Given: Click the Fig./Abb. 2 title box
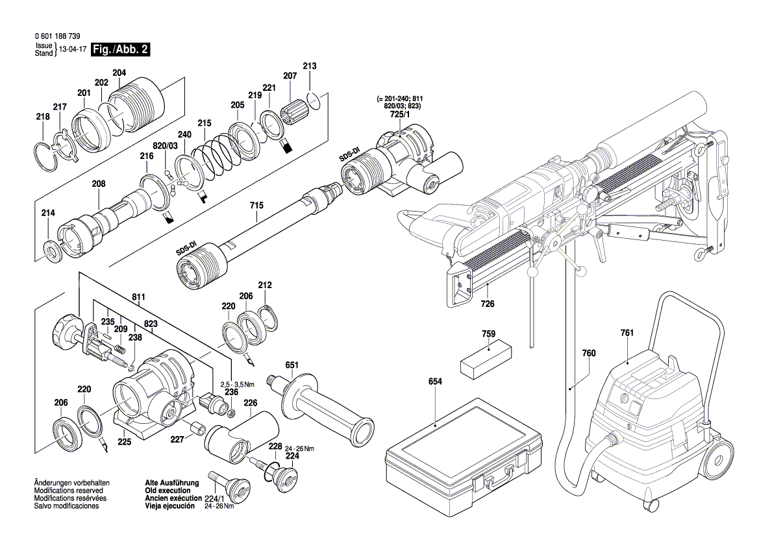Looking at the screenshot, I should pyautogui.click(x=121, y=49).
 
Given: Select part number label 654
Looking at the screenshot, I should pyautogui.click(x=435, y=382).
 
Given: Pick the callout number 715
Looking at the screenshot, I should pyautogui.click(x=256, y=206).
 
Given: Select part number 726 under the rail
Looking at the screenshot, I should pyautogui.click(x=488, y=304).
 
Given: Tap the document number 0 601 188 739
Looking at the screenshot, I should pyautogui.click(x=58, y=37).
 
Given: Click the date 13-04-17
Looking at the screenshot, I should pyautogui.click(x=71, y=49).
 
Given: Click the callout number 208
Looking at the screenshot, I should pyautogui.click(x=98, y=184).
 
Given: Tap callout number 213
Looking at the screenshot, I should pyautogui.click(x=310, y=66).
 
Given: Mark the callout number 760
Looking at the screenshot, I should pyautogui.click(x=588, y=354).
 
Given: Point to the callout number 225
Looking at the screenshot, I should pyautogui.click(x=124, y=442).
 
